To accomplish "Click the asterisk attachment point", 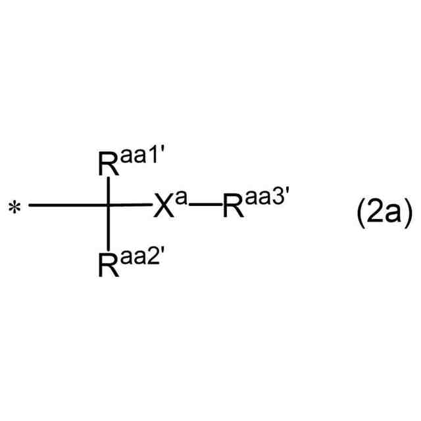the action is pyautogui.click(x=14, y=209).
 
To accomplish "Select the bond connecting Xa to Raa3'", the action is pyautogui.click(x=205, y=206).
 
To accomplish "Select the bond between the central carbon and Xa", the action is pyautogui.click(x=132, y=206).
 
